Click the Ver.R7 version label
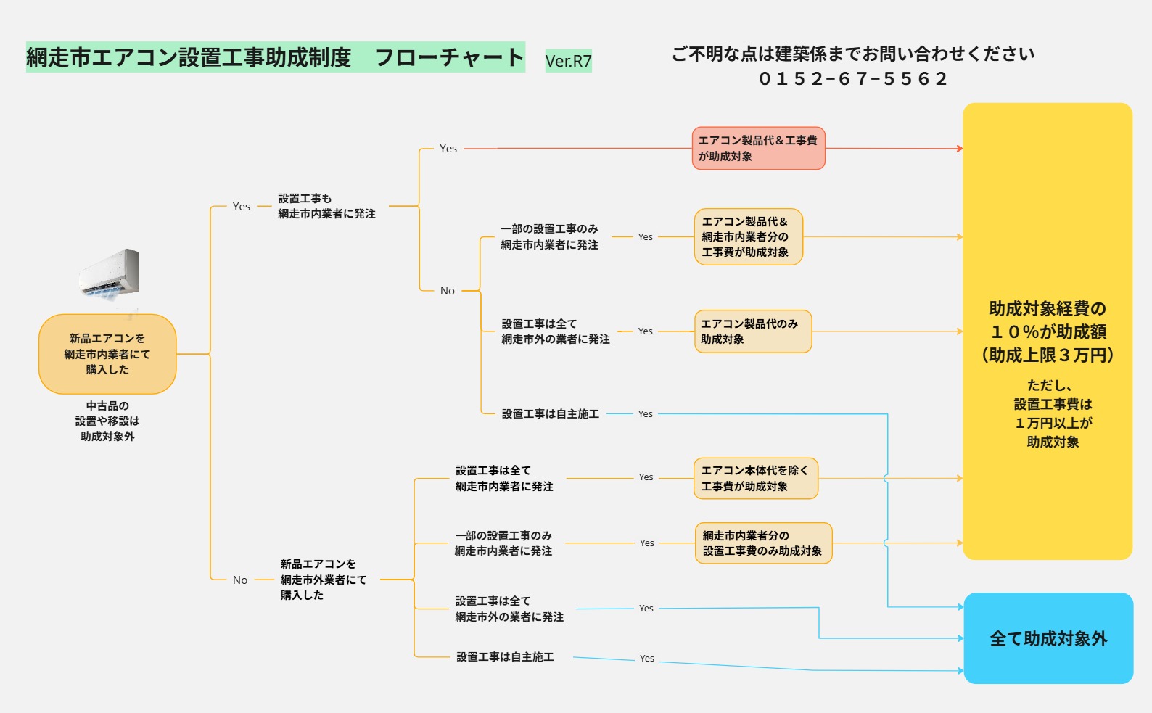coord(568,61)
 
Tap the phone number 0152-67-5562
coord(853,78)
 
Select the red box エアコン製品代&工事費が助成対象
coord(758,148)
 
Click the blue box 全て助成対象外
coord(1048,638)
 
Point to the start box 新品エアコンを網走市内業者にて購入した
coord(107,354)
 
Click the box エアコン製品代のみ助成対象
coord(752,331)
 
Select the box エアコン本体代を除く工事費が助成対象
coord(755,478)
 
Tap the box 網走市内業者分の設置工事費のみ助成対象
coord(762,543)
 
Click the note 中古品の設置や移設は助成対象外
coord(107,421)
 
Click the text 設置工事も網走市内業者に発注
coord(326,206)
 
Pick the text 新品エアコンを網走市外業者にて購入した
coord(323,580)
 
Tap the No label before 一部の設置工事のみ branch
coord(448,291)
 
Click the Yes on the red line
coord(448,149)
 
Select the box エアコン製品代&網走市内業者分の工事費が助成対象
coord(748,236)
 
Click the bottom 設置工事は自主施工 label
coord(505,657)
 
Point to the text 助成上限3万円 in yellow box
coord(1048,355)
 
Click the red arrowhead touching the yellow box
coord(960,149)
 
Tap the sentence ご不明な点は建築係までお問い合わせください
coord(853,54)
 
